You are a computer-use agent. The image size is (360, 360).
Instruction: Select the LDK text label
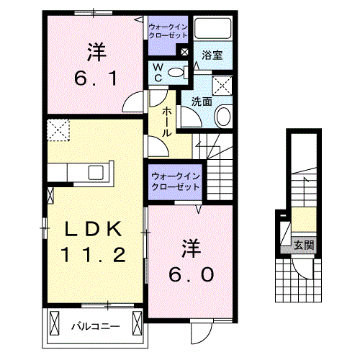96,229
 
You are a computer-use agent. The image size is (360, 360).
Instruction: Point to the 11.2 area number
96,253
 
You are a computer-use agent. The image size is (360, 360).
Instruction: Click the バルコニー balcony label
95,326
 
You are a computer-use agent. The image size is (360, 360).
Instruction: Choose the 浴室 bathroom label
211,55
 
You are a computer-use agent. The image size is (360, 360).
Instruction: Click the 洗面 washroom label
202,102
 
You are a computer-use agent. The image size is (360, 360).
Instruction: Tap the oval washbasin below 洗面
224,117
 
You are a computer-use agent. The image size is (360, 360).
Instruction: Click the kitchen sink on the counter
94,173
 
